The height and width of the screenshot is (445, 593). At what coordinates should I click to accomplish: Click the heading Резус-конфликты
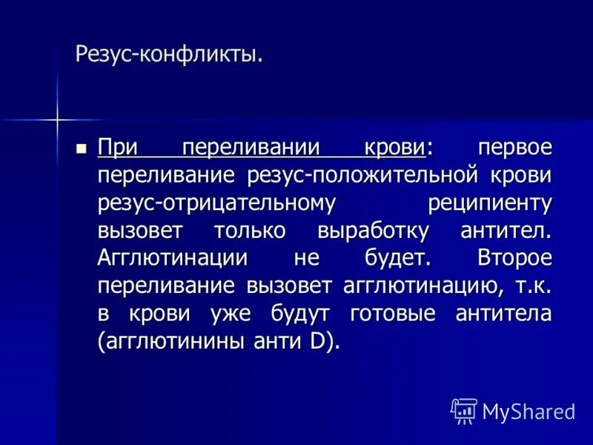tap(169, 54)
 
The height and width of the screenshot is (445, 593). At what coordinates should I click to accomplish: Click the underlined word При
tap(117, 147)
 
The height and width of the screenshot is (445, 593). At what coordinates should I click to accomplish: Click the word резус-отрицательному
tap(217, 202)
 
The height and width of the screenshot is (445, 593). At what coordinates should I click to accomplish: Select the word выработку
tap(372, 231)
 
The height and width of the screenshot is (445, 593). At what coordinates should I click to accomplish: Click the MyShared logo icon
tap(464, 410)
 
